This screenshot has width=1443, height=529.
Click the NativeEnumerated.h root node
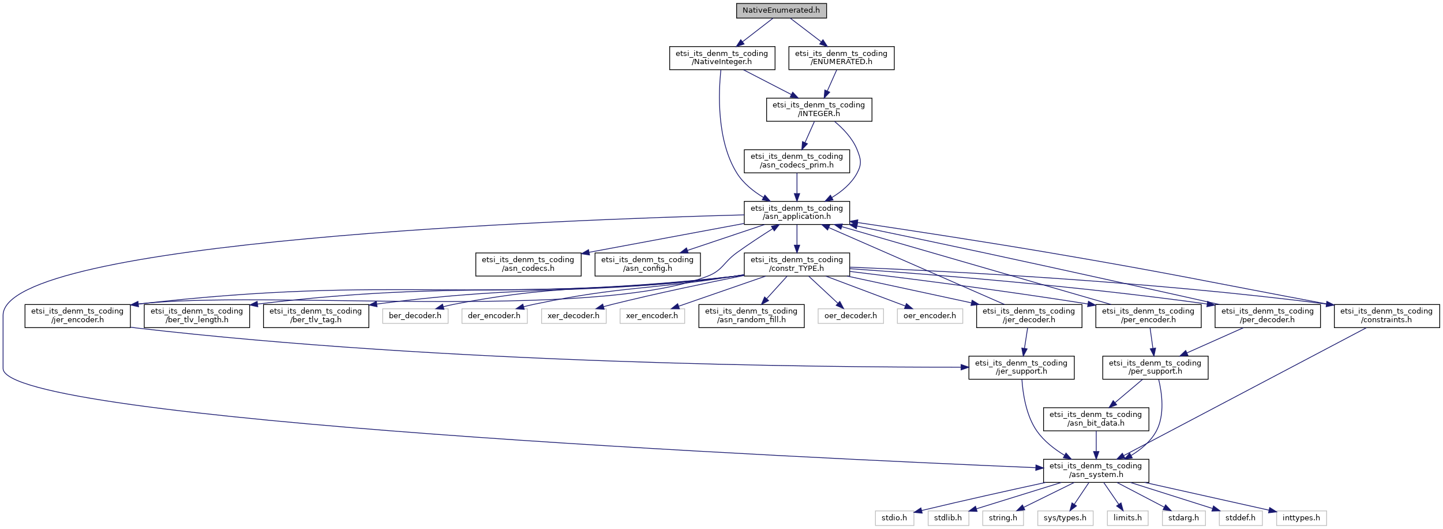pos(781,10)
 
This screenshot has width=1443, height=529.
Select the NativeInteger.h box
pos(721,58)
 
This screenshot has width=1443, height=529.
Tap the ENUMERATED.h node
pos(841,58)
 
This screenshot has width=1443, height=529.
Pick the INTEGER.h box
pos(818,109)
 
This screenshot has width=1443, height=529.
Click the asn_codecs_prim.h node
pos(796,161)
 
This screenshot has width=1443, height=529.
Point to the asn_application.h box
pos(796,213)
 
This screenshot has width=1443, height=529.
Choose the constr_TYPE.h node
pos(796,264)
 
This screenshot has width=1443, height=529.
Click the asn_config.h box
pos(647,264)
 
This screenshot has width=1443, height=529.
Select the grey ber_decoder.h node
pos(415,316)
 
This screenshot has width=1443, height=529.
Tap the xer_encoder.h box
pos(652,316)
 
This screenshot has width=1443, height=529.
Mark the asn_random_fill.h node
pos(751,316)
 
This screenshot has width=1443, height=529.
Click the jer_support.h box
pos(1021,367)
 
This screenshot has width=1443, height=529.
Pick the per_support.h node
pos(1155,367)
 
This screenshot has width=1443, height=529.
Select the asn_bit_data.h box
pos(1095,419)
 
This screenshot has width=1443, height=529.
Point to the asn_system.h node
pos(1095,470)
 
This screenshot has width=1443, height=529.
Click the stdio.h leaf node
pos(894,518)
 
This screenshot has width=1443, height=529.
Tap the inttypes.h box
pos(1300,518)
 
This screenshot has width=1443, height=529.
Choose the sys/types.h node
pos(1065,518)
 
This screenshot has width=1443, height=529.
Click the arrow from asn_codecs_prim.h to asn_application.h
pos(796,187)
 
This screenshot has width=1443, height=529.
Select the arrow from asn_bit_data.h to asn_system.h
pos(1095,445)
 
